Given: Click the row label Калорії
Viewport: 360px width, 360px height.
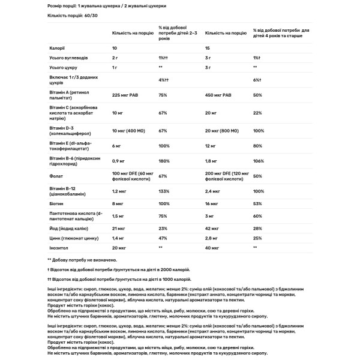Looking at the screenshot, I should tap(56, 47).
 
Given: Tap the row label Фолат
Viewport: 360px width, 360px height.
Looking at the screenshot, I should tap(56, 177).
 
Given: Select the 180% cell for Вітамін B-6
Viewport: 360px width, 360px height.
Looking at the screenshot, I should tap(164, 161).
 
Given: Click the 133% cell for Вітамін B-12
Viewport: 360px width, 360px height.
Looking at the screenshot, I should tap(164, 191).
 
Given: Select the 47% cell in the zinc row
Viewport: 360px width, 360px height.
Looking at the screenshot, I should tap(163, 238).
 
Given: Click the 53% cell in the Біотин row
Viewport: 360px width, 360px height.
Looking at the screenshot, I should tap(258, 204).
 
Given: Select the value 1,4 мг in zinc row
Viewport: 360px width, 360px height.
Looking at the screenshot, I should tap(119, 238).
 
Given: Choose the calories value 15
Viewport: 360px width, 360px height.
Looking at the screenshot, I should tap(208, 47).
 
